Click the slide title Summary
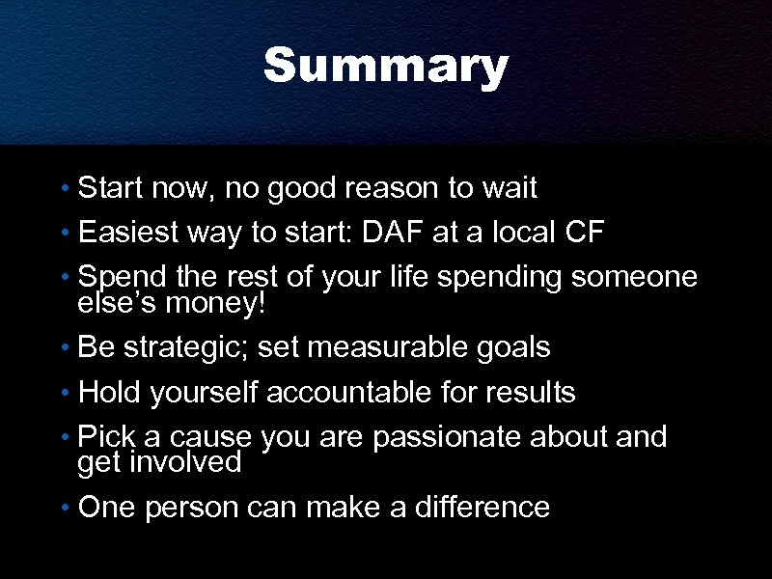click(385, 68)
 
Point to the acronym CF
click(611, 233)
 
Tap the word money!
click(216, 304)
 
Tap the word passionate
click(446, 437)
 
